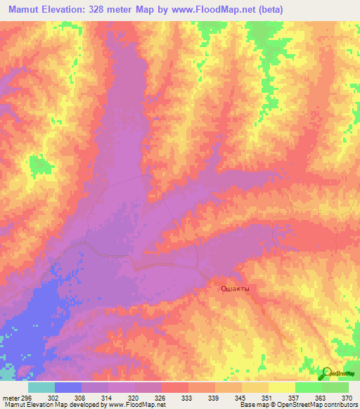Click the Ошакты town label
tap(235, 288)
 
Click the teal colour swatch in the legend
tap(41, 387)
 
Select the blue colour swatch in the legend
tap(68, 387)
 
